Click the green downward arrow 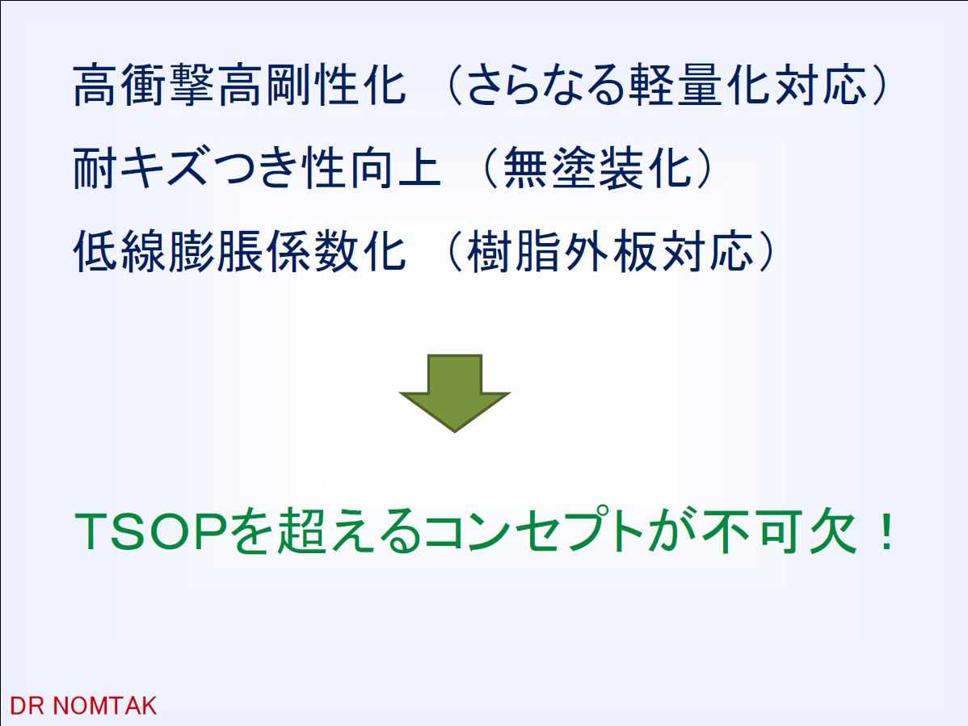[x=454, y=392]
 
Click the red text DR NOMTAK [x=83, y=706]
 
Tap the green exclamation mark [x=886, y=531]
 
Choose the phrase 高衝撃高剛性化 [x=239, y=85]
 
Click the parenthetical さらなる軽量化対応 [x=667, y=85]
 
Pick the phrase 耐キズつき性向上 [x=257, y=169]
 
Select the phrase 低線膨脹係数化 [x=239, y=252]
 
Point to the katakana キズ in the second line [x=163, y=169]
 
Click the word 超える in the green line [x=348, y=531]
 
